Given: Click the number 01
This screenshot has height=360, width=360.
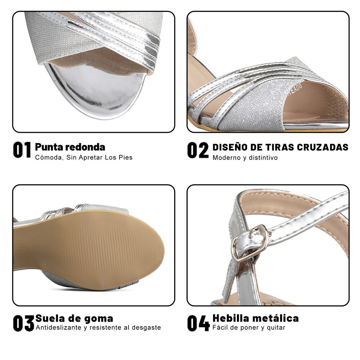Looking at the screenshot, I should pos(22,150).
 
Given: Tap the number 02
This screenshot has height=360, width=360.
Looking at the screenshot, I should pos(198,150).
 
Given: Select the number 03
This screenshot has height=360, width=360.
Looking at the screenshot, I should pos(23,323).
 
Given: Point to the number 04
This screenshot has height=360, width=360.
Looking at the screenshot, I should pos(198,323).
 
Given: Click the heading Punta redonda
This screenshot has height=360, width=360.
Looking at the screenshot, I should pos(70,147).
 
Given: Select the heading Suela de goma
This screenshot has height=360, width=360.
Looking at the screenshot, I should pos(74,319).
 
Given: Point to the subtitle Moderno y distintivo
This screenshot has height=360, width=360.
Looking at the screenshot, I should pos(245,158).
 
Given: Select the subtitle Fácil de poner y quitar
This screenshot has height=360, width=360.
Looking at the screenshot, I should pos(248,328).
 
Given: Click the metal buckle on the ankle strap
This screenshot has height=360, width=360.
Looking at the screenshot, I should pos(251,242).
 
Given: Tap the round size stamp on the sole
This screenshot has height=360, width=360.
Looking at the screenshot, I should pos(24,248).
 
